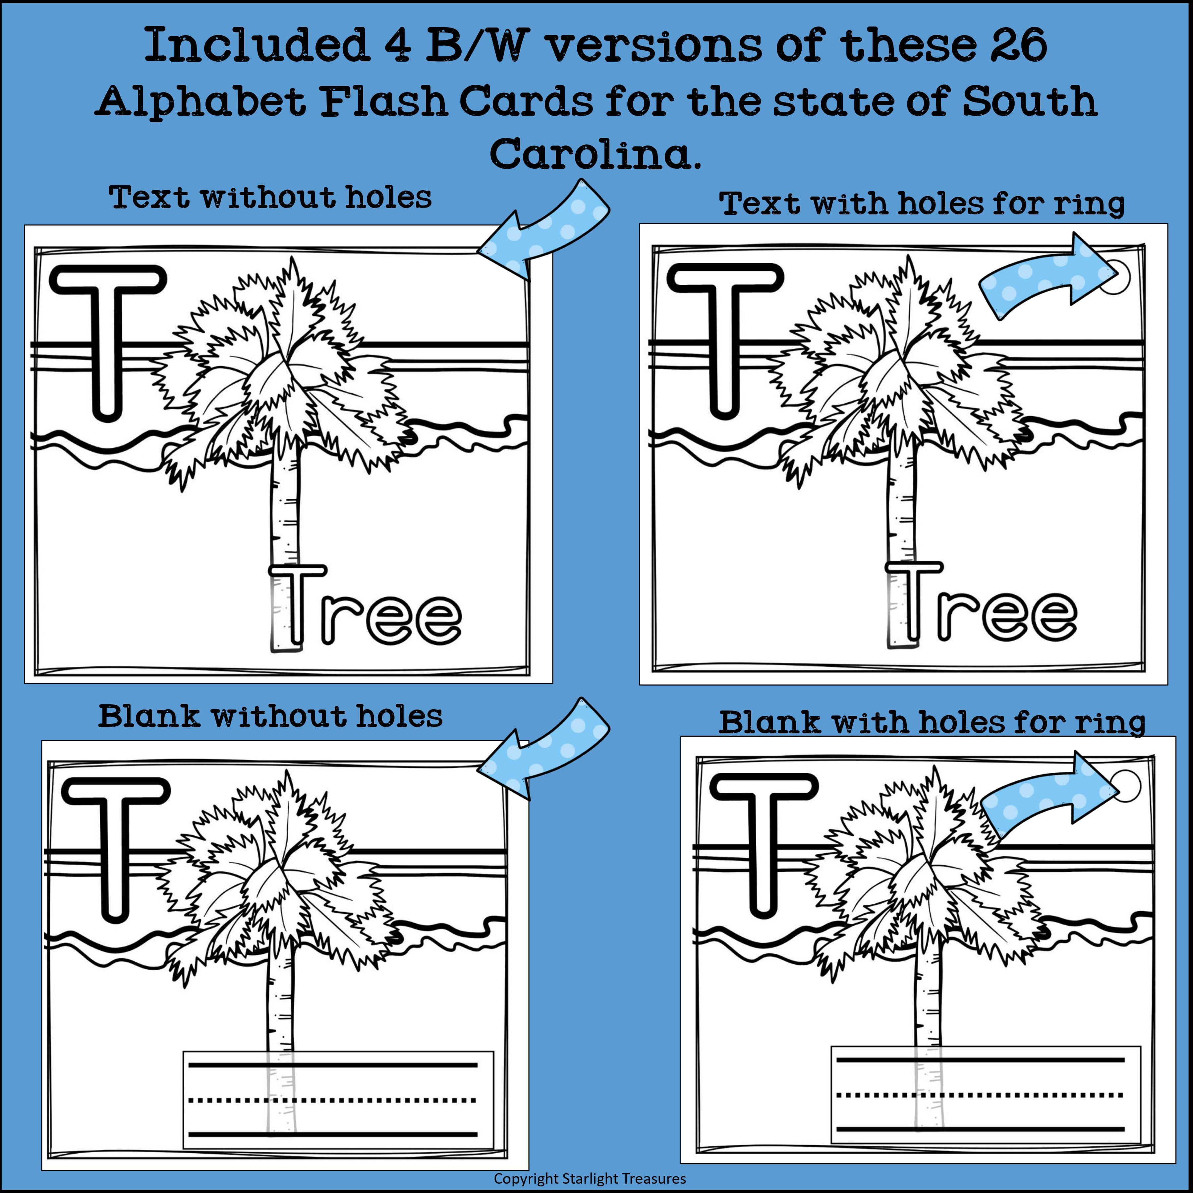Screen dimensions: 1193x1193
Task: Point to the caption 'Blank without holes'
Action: pos(270,717)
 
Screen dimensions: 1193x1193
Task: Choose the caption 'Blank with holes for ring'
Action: pos(933,723)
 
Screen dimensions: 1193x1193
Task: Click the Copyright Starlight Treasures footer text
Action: pos(590,1178)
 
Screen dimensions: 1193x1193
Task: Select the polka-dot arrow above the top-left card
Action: pos(543,228)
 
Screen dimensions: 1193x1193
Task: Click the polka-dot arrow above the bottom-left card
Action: pos(543,747)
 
